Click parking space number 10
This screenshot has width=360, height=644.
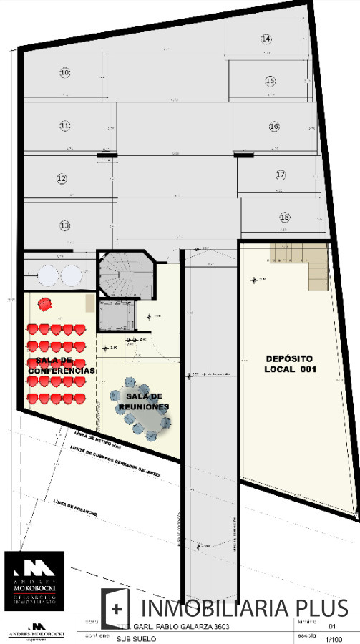coord(64,72)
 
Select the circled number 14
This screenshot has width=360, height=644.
coord(266,39)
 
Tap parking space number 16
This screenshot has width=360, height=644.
coord(274,126)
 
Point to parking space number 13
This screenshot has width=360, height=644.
coord(64,225)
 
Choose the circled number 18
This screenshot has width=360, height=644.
coord(284,217)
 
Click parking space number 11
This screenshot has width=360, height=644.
coord(64,126)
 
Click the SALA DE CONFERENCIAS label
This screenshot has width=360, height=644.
coord(62,366)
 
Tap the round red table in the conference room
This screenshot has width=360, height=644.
coord(46,303)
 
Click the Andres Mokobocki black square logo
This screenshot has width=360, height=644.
coord(34,581)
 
